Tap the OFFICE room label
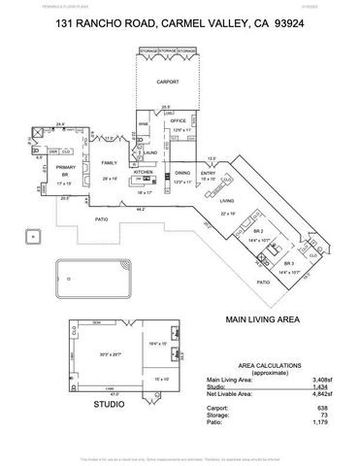pos(179,121)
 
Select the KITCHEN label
pos(145,172)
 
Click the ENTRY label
pos(209,173)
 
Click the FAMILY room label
pos(109,163)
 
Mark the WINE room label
pos(144,124)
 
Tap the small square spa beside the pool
pos(35,236)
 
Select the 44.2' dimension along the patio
pos(142,209)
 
